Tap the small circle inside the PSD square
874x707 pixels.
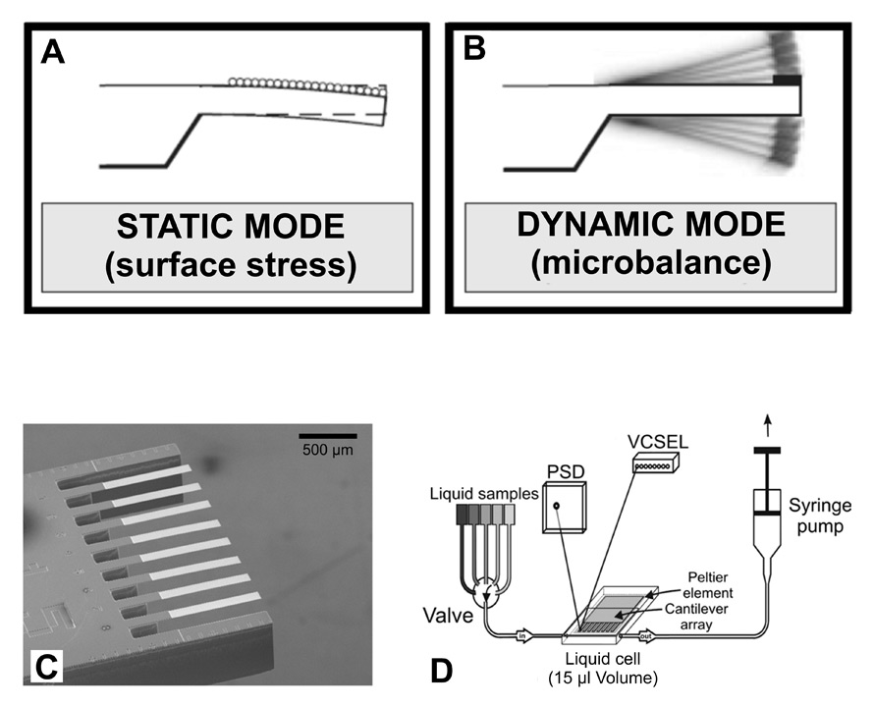[557, 507]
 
